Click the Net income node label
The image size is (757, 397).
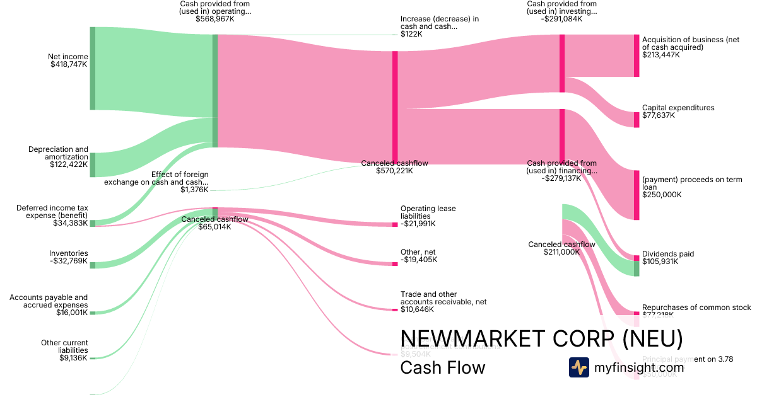click(68, 57)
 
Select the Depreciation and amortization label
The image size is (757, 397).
click(58, 153)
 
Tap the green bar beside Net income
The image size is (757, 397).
click(92, 68)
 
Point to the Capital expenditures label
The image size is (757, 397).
click(678, 108)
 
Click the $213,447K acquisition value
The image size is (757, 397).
click(661, 55)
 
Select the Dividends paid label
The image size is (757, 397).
click(668, 254)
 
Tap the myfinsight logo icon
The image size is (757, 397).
click(578, 367)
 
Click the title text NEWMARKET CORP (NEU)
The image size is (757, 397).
click(541, 339)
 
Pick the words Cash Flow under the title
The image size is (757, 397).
click(443, 367)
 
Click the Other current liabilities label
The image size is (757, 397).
click(64, 347)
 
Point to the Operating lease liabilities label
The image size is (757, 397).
click(428, 212)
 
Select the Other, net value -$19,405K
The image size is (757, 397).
click(418, 260)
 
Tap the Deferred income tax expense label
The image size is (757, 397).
click(52, 211)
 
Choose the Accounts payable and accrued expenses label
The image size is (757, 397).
click(49, 301)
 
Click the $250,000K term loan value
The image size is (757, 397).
click(662, 195)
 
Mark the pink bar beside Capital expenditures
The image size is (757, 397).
click(637, 120)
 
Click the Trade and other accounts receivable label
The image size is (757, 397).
click(443, 298)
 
